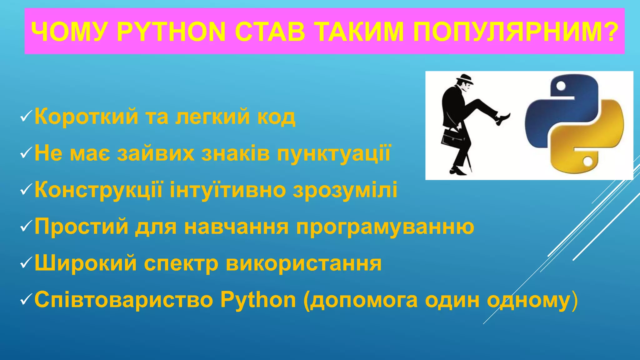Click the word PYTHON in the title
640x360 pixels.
pyautogui.click(x=171, y=32)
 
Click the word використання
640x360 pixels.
pyautogui.click(x=303, y=263)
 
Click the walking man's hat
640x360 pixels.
pyautogui.click(x=465, y=79)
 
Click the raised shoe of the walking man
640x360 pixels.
pyautogui.click(x=503, y=119)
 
